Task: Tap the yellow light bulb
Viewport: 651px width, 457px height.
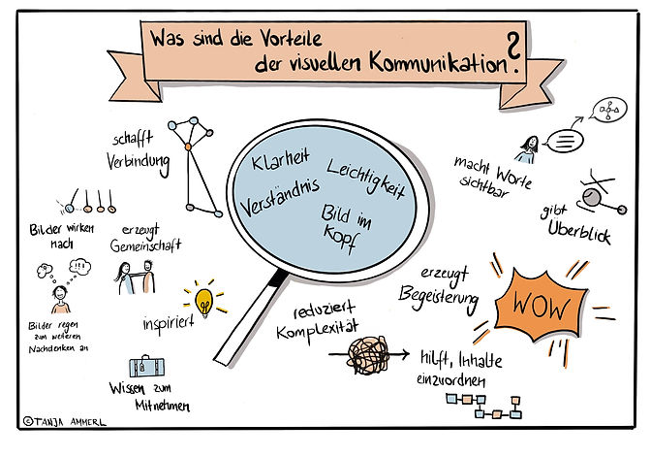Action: tap(203, 297)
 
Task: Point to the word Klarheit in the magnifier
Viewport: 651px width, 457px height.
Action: tap(278, 156)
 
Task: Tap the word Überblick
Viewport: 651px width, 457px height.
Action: tap(578, 234)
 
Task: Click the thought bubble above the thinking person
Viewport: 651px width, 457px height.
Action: tap(81, 266)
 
